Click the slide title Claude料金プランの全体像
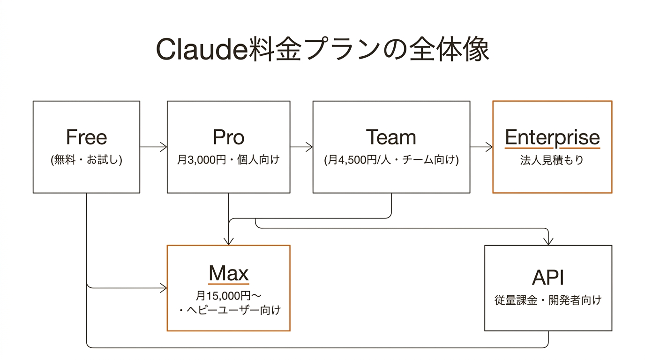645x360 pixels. click(322, 50)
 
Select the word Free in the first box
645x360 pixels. click(86, 137)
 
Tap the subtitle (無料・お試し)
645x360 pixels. click(86, 160)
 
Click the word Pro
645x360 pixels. click(228, 137)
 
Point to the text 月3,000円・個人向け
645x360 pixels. click(228, 160)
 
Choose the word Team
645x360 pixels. click(391, 137)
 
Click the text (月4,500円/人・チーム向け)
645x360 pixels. click(391, 160)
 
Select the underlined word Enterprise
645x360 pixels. click(552, 137)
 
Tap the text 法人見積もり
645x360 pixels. click(552, 160)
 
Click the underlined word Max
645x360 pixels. click(228, 273)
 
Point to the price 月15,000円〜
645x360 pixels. click(228, 296)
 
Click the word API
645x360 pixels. click(548, 278)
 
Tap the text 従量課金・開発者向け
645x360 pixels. click(548, 300)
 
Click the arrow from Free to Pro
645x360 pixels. click(154, 147)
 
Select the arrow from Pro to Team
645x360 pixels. click(301, 147)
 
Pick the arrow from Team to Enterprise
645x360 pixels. click(481, 147)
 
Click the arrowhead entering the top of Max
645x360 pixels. click(228, 241)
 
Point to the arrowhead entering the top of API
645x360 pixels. click(548, 241)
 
